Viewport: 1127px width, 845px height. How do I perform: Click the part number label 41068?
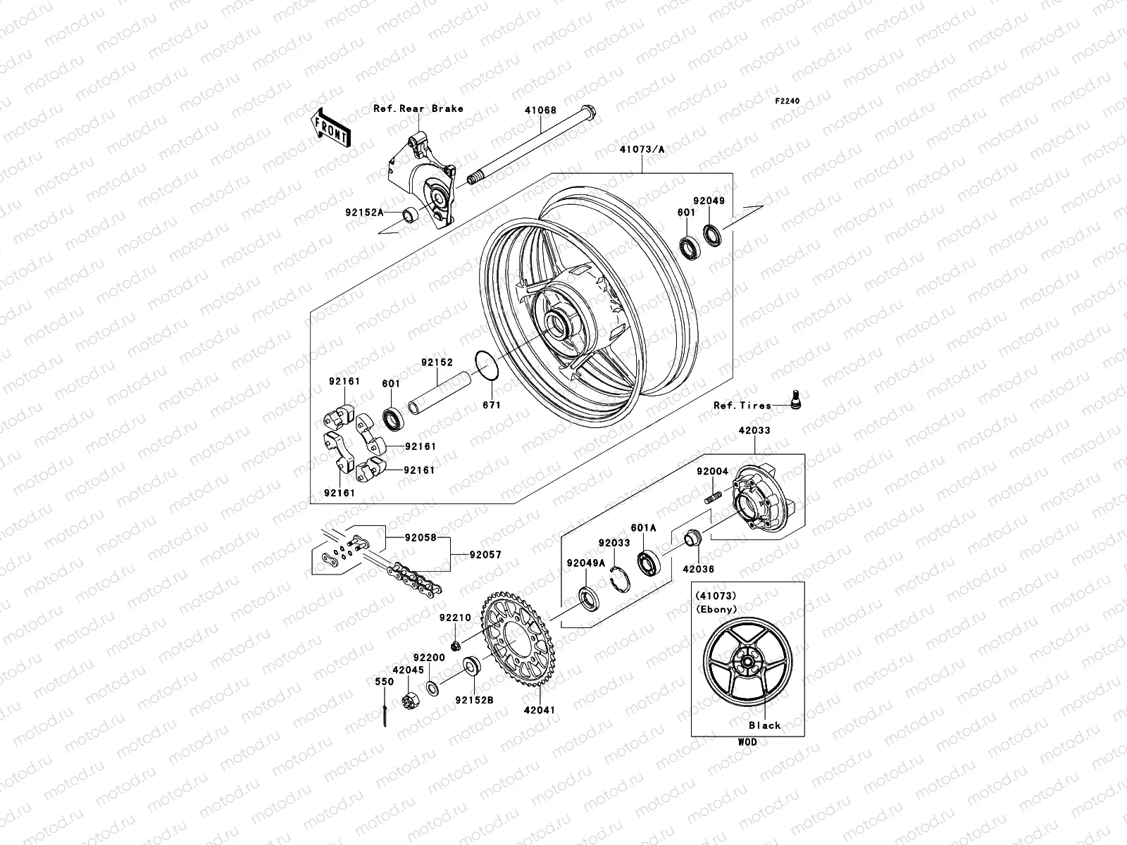[540, 111]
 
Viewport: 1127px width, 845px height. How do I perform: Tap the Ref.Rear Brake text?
[418, 108]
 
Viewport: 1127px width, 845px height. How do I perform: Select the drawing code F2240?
[787, 101]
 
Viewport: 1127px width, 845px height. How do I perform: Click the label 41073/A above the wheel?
[642, 149]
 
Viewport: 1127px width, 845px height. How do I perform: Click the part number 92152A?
[364, 211]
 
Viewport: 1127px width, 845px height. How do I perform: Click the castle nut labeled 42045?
[409, 701]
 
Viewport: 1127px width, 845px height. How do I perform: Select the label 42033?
[754, 430]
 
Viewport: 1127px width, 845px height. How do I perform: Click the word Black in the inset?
[764, 725]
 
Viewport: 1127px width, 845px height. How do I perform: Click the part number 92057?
[485, 555]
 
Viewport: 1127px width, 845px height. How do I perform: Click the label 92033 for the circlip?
[614, 543]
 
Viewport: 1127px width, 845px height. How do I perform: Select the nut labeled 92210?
[455, 646]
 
